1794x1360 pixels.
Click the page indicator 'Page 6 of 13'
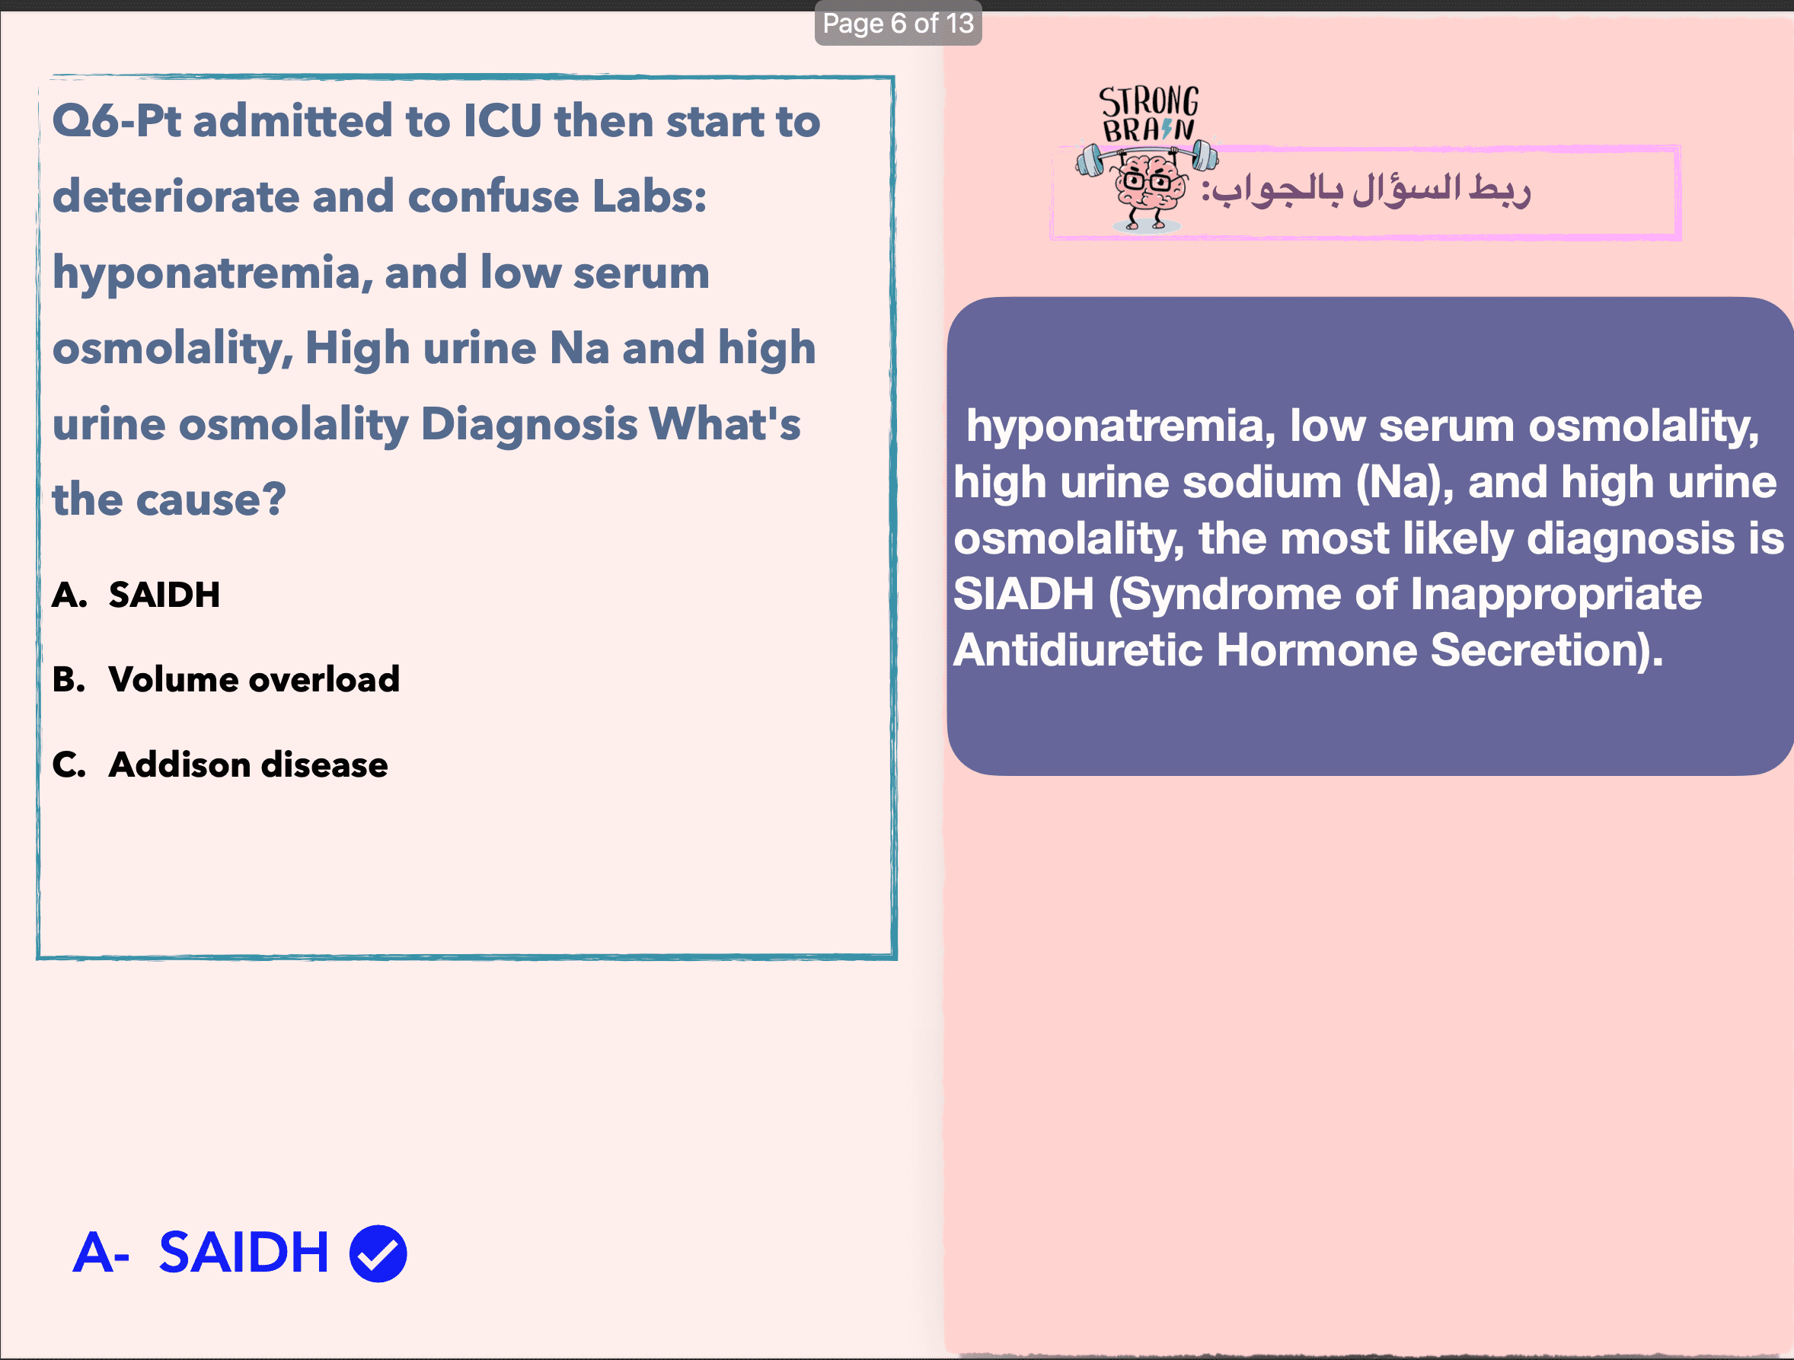point(898,24)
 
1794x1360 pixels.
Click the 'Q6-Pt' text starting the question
point(117,121)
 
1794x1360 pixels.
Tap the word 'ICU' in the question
point(503,121)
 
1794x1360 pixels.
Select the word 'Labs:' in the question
point(650,196)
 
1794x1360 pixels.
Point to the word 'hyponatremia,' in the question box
point(212,274)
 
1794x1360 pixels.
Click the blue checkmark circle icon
point(378,1253)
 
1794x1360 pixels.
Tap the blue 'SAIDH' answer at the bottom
point(244,1252)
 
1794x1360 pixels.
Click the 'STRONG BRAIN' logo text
point(1148,113)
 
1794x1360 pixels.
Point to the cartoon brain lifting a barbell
point(1146,186)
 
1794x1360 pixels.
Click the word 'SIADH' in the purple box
point(1023,594)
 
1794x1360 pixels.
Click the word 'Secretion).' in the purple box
point(1547,650)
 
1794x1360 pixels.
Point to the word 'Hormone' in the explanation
point(1317,650)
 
